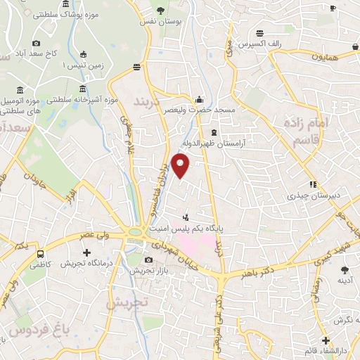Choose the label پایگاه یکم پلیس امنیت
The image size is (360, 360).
[219, 229]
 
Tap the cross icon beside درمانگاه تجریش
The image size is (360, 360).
[86, 252]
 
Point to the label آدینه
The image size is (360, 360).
[345, 280]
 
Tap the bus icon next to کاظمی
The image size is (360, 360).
[41, 254]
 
